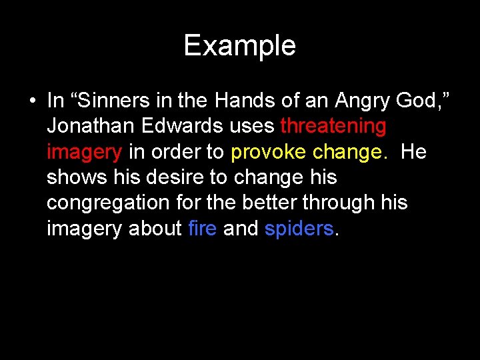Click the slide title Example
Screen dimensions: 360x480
pyautogui.click(x=239, y=46)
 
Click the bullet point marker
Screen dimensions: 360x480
pyautogui.click(x=31, y=102)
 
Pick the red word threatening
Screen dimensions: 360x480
pyautogui.click(x=333, y=126)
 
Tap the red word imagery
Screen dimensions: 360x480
pyautogui.click(x=84, y=153)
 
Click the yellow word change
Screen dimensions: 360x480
pyautogui.click(x=347, y=153)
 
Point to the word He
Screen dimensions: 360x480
pyautogui.click(x=413, y=151)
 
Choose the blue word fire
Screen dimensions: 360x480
pyautogui.click(x=203, y=228)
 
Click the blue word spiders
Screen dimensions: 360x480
pyautogui.click(x=299, y=229)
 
